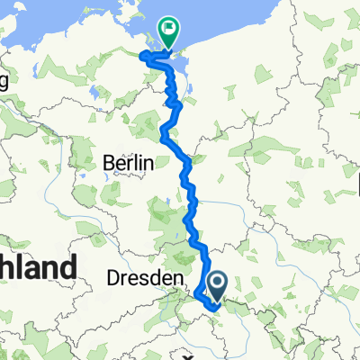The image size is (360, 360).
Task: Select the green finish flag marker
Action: point(167,31)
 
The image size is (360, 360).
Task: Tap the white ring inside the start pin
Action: point(218,283)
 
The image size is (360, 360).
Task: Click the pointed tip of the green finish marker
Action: point(167,46)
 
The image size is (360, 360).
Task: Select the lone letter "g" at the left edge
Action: point(4,83)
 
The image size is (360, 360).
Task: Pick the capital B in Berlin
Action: point(109,164)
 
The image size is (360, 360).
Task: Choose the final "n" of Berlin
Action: point(149,164)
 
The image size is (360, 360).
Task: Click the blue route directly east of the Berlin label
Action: point(186,165)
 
